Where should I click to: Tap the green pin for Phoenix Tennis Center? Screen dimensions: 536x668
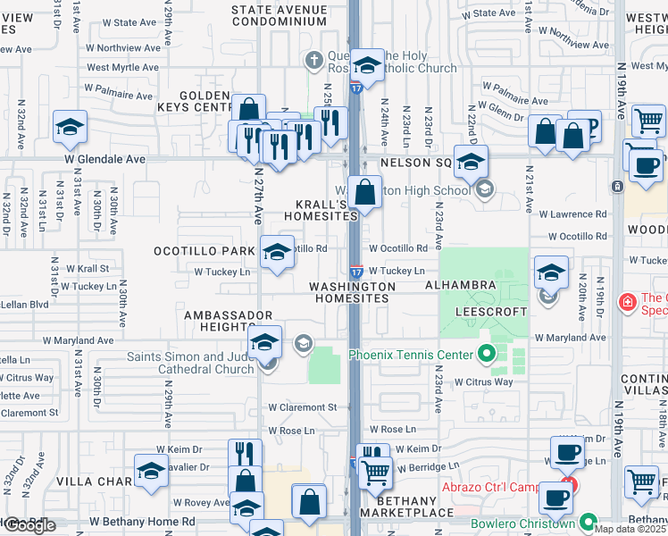(487, 355)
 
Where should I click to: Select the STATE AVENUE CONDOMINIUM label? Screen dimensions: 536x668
(278, 15)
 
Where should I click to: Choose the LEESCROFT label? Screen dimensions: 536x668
(487, 312)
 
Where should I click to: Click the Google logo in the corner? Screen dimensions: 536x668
(29, 525)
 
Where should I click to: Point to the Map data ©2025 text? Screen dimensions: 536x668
(630, 529)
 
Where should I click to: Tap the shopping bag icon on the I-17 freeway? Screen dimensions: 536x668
(364, 192)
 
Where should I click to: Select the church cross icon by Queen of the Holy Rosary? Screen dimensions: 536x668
(313, 61)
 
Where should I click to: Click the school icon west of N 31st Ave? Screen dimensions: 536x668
(69, 128)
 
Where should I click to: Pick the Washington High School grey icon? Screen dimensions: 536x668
(485, 189)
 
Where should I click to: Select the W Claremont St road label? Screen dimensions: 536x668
(302, 407)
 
